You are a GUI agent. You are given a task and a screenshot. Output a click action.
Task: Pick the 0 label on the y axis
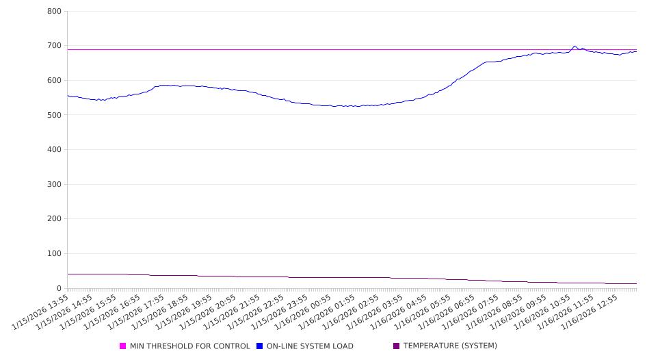pyautogui.click(x=60, y=288)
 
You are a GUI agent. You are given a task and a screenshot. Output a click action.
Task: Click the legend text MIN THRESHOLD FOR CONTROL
pyautogui.click(x=189, y=346)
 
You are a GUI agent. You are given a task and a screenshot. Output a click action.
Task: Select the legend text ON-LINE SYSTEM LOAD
pyautogui.click(x=310, y=346)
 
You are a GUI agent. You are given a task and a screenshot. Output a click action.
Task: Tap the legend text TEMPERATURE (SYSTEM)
pyautogui.click(x=450, y=346)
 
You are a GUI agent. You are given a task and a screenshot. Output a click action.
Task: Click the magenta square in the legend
pyautogui.click(x=123, y=346)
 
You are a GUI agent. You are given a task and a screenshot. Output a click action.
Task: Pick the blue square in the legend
pyautogui.click(x=260, y=346)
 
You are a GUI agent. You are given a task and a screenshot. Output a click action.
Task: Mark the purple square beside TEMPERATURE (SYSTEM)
pyautogui.click(x=397, y=346)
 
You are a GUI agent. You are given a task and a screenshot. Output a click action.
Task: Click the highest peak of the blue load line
pyautogui.click(x=575, y=46)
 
